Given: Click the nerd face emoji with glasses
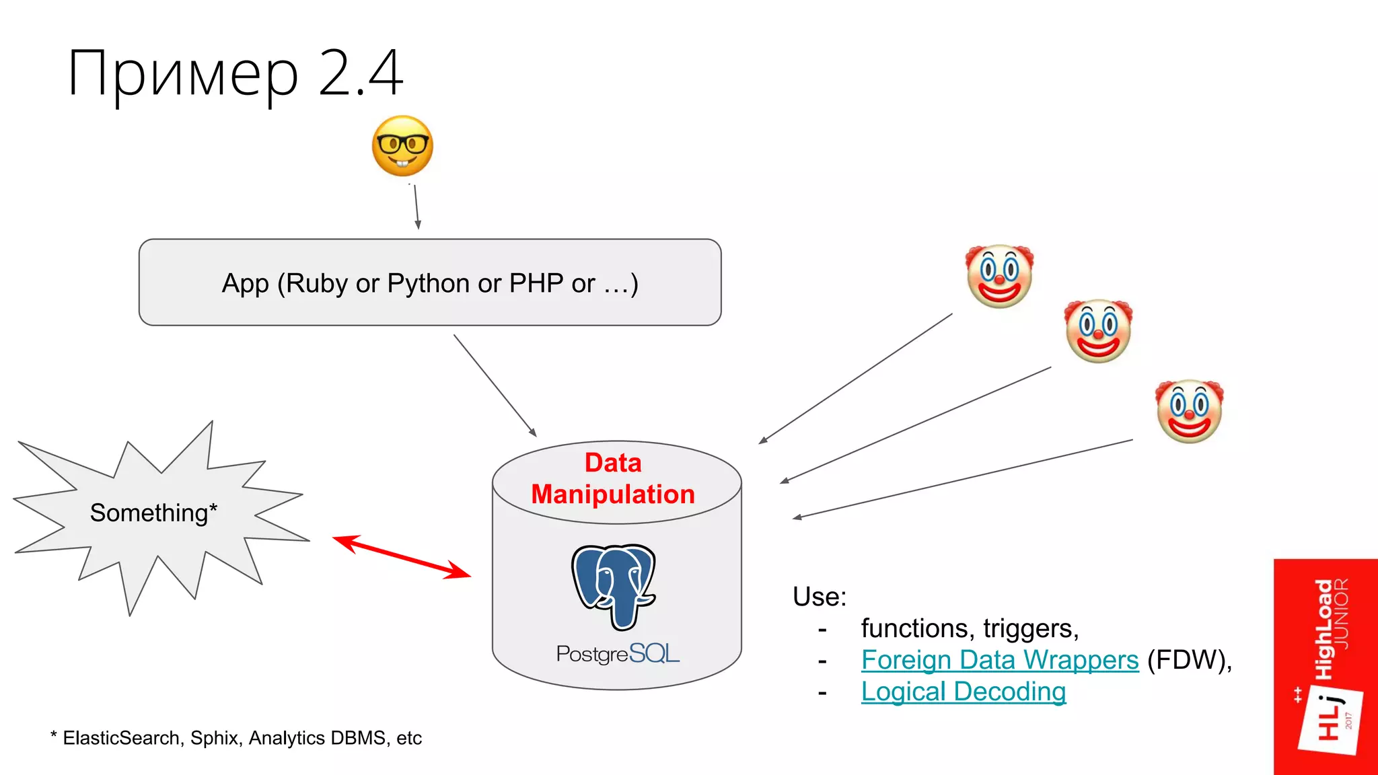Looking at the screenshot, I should [x=402, y=146].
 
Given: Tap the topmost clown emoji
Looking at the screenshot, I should [x=999, y=276].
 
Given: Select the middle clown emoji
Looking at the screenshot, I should [x=1098, y=331].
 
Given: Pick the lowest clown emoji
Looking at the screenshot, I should [x=1189, y=411].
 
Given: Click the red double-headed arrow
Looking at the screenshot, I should [x=402, y=556].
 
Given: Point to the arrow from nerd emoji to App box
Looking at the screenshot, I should [x=416, y=207].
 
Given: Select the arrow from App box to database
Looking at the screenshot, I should [x=495, y=385].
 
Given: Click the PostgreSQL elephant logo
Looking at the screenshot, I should [x=613, y=586].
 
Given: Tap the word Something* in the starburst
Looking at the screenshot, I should [x=153, y=513].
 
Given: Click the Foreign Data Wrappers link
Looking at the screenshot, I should [x=999, y=660].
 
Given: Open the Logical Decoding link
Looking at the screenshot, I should [x=963, y=692].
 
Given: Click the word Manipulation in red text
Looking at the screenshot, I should [x=612, y=494].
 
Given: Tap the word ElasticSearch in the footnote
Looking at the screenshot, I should [x=121, y=738].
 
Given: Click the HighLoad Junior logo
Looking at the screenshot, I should [x=1326, y=666].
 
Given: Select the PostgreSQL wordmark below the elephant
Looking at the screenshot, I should [x=617, y=654].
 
